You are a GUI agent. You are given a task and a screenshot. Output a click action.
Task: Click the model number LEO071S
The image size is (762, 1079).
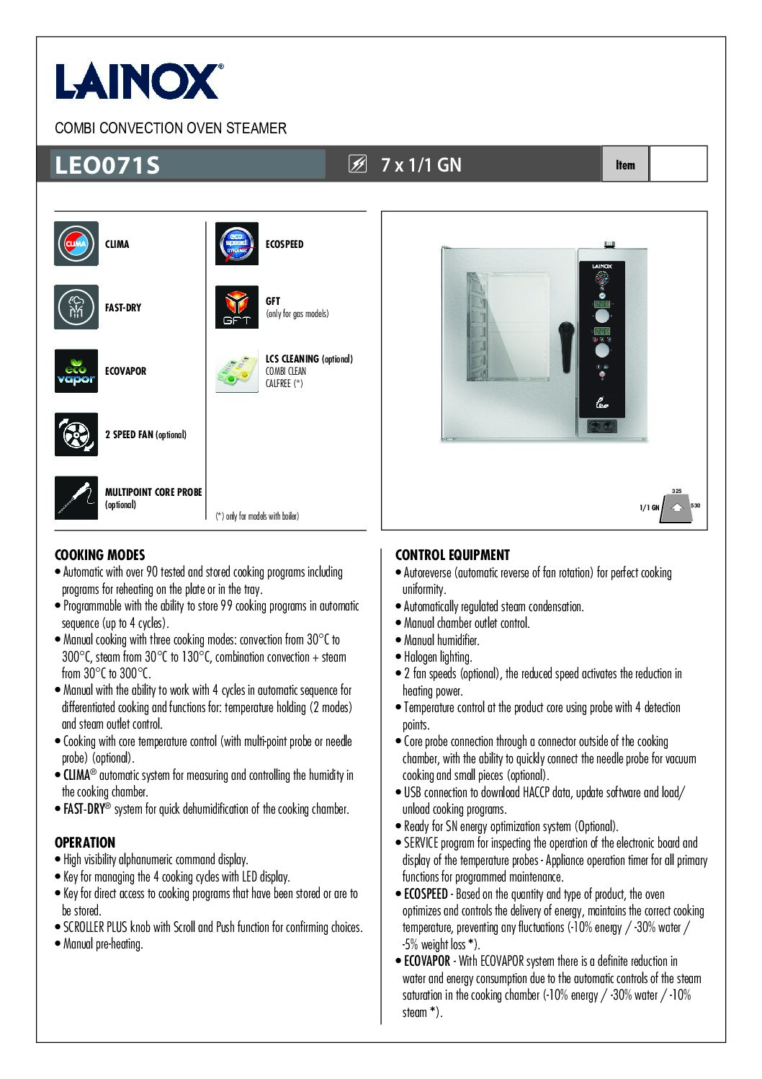tap(107, 165)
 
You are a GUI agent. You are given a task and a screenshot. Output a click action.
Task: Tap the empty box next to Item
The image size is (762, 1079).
tap(678, 164)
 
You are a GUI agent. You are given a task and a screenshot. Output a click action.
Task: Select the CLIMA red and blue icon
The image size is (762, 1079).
tap(76, 244)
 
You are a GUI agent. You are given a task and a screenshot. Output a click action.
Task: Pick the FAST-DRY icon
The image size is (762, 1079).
tap(76, 307)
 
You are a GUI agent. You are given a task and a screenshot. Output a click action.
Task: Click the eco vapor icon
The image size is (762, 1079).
tap(76, 370)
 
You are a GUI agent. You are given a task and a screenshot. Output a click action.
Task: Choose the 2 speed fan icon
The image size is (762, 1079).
tap(76, 434)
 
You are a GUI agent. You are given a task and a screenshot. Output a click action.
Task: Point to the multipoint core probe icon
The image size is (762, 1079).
tap(76, 497)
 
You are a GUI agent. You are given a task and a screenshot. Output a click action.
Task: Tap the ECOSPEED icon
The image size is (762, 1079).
tap(236, 244)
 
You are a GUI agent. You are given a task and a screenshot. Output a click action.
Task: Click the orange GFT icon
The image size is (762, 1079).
tap(236, 307)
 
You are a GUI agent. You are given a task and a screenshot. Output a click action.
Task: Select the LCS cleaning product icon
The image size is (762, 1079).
tap(236, 371)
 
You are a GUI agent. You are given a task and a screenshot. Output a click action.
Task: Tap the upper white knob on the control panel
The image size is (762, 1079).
tap(601, 316)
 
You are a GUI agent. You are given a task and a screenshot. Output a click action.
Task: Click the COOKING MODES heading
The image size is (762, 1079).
tap(99, 555)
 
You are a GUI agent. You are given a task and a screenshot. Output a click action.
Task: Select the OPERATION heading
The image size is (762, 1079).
tap(84, 843)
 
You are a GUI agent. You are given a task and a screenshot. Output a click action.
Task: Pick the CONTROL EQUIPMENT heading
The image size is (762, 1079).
tap(452, 555)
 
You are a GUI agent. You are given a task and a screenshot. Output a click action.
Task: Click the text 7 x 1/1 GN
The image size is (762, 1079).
tap(421, 165)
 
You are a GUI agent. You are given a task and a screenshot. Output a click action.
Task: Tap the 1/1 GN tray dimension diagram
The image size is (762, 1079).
tap(676, 507)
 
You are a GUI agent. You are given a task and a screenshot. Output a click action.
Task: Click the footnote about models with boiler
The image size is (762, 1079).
tap(257, 516)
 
